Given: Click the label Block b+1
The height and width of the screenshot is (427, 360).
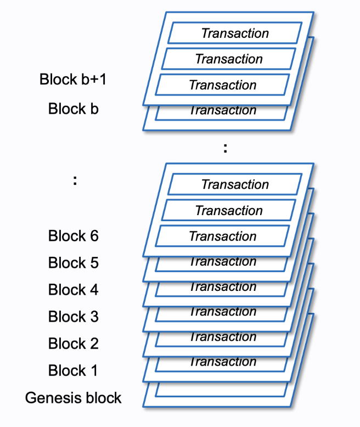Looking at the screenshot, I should point(73,79).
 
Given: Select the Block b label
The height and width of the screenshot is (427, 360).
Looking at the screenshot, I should point(73,108).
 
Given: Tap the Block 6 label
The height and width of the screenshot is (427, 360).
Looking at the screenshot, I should point(73,236).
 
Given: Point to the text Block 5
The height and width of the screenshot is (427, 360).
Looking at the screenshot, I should point(73,263).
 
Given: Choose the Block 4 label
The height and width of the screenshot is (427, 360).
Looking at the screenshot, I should point(73,290).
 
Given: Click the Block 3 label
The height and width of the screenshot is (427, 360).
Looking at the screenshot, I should point(73,317).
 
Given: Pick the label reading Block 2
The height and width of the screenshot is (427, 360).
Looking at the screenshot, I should point(73,344).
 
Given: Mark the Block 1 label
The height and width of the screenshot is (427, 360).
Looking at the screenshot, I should point(73,370).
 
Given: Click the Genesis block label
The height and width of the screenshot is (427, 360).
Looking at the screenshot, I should point(73,397).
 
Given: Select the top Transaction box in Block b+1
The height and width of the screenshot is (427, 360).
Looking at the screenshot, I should point(235,33).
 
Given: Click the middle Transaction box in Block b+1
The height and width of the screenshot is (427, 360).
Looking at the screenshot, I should point(229,59).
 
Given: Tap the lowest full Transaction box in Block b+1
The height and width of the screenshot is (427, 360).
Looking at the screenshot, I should point(222,85).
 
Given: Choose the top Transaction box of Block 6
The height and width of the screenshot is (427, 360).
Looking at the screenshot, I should point(235,184).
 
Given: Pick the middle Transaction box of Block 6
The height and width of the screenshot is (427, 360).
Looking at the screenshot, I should point(229,210).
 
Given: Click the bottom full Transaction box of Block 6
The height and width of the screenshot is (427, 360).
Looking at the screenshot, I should point(222,237).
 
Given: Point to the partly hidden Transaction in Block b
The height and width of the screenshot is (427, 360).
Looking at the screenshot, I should point(222,111).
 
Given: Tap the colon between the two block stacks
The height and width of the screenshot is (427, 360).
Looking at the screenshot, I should point(225,148).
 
